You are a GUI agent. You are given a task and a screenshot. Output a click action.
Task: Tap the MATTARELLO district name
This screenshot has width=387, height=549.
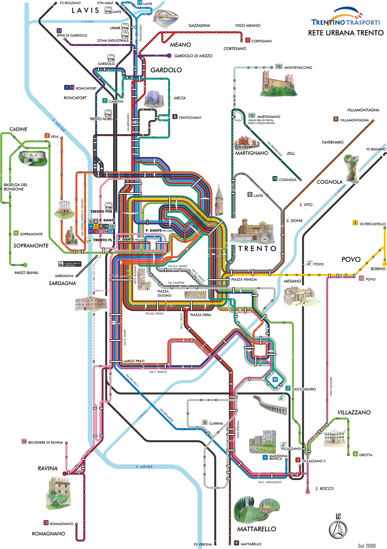pyautogui.click(x=256, y=529)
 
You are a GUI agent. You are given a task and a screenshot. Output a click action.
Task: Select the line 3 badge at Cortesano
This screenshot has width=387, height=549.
pyautogui.click(x=247, y=40)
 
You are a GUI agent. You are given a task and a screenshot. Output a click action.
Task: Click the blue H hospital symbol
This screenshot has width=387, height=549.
pyautogui.click(x=275, y=380)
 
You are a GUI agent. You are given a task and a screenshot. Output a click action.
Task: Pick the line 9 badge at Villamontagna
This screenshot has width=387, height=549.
pyautogui.click(x=336, y=119)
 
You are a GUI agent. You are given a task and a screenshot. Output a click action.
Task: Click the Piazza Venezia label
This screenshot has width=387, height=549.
pyautogui.click(x=244, y=279)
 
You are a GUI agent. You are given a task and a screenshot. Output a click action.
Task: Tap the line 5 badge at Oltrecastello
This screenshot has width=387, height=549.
pyautogui.click(x=355, y=223)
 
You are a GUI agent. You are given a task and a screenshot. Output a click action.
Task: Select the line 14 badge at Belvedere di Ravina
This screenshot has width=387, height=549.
pyautogui.click(x=24, y=441)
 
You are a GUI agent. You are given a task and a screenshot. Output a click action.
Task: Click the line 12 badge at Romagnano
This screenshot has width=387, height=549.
pyautogui.click(x=46, y=523)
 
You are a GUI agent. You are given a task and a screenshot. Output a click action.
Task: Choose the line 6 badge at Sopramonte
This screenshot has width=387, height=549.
pyautogui.click(x=16, y=233)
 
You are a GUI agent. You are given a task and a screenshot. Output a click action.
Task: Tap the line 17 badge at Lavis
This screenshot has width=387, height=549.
pyautogui.click(x=140, y=3)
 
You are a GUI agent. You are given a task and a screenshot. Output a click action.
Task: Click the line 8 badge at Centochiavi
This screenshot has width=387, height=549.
pyautogui.click(x=175, y=117)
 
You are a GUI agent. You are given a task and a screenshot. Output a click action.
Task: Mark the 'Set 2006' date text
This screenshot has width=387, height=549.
pyautogui.click(x=367, y=546)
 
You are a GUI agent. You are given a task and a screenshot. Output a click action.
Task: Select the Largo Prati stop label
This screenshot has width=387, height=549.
pyautogui.click(x=134, y=361)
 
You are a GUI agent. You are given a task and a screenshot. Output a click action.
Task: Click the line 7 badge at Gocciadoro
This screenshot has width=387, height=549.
pyautogui.click(x=288, y=388)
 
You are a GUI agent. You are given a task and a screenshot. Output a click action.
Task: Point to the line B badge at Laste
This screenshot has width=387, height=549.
pyautogui.click(x=250, y=195)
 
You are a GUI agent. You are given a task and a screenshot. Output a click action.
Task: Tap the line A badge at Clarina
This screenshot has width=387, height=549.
pyautogui.click(x=205, y=422)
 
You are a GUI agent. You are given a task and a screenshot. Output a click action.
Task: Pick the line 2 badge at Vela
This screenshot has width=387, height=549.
pyautogui.click(x=47, y=136)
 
